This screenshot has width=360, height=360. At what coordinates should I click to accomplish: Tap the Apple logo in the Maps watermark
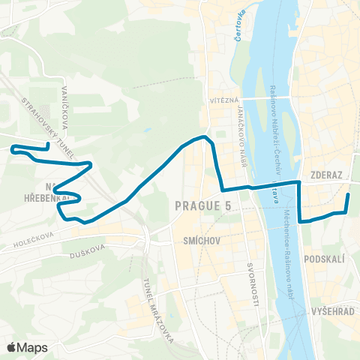12,347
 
